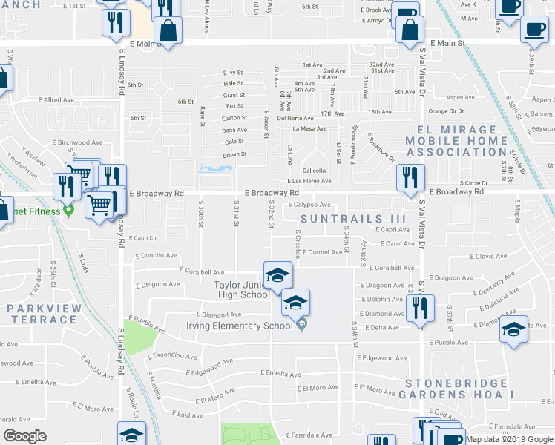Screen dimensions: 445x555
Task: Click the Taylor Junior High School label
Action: (242, 289)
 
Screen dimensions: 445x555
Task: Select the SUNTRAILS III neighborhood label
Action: (353, 219)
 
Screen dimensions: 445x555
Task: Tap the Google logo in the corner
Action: (24, 435)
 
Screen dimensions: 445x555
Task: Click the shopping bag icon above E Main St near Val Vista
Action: (409, 30)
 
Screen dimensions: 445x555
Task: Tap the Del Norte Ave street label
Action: (295, 118)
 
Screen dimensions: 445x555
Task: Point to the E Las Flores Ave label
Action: (309, 181)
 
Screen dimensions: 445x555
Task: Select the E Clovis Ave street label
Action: (488, 256)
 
